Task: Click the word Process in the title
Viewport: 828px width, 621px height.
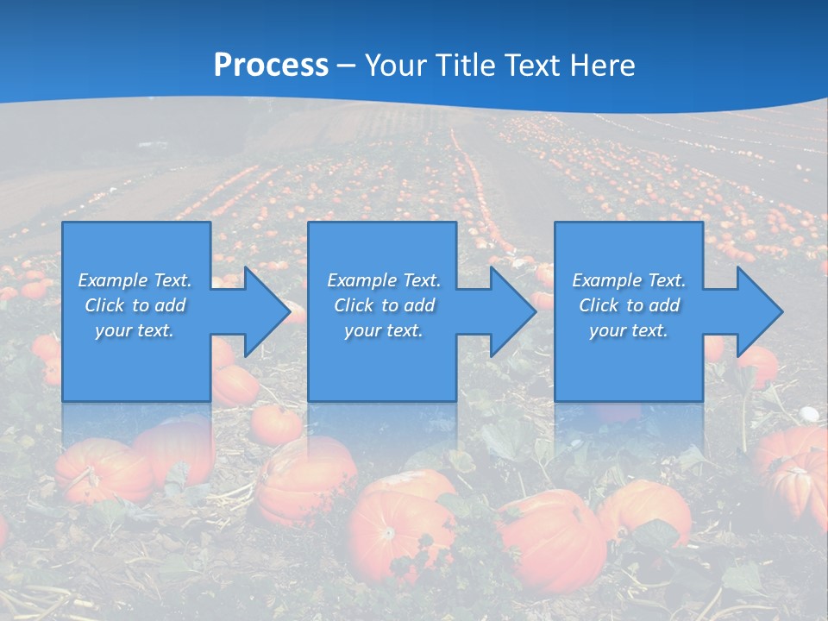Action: [x=271, y=66]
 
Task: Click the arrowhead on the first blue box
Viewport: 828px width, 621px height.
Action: [x=259, y=311]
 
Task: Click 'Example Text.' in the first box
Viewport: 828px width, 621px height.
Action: [x=135, y=280]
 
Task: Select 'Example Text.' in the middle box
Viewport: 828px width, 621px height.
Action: [x=384, y=280]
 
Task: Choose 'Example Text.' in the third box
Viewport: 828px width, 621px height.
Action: [x=629, y=280]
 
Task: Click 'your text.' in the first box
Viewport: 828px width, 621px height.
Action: [x=135, y=330]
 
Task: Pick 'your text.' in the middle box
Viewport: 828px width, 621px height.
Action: [x=384, y=330]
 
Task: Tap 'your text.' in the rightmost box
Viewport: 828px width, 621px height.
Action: [x=629, y=330]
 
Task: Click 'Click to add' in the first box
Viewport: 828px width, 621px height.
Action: [x=135, y=305]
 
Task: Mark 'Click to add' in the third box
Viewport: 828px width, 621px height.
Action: [x=629, y=305]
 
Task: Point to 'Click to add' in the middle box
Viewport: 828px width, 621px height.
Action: [x=384, y=305]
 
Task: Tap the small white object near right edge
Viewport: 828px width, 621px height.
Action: [x=810, y=414]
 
